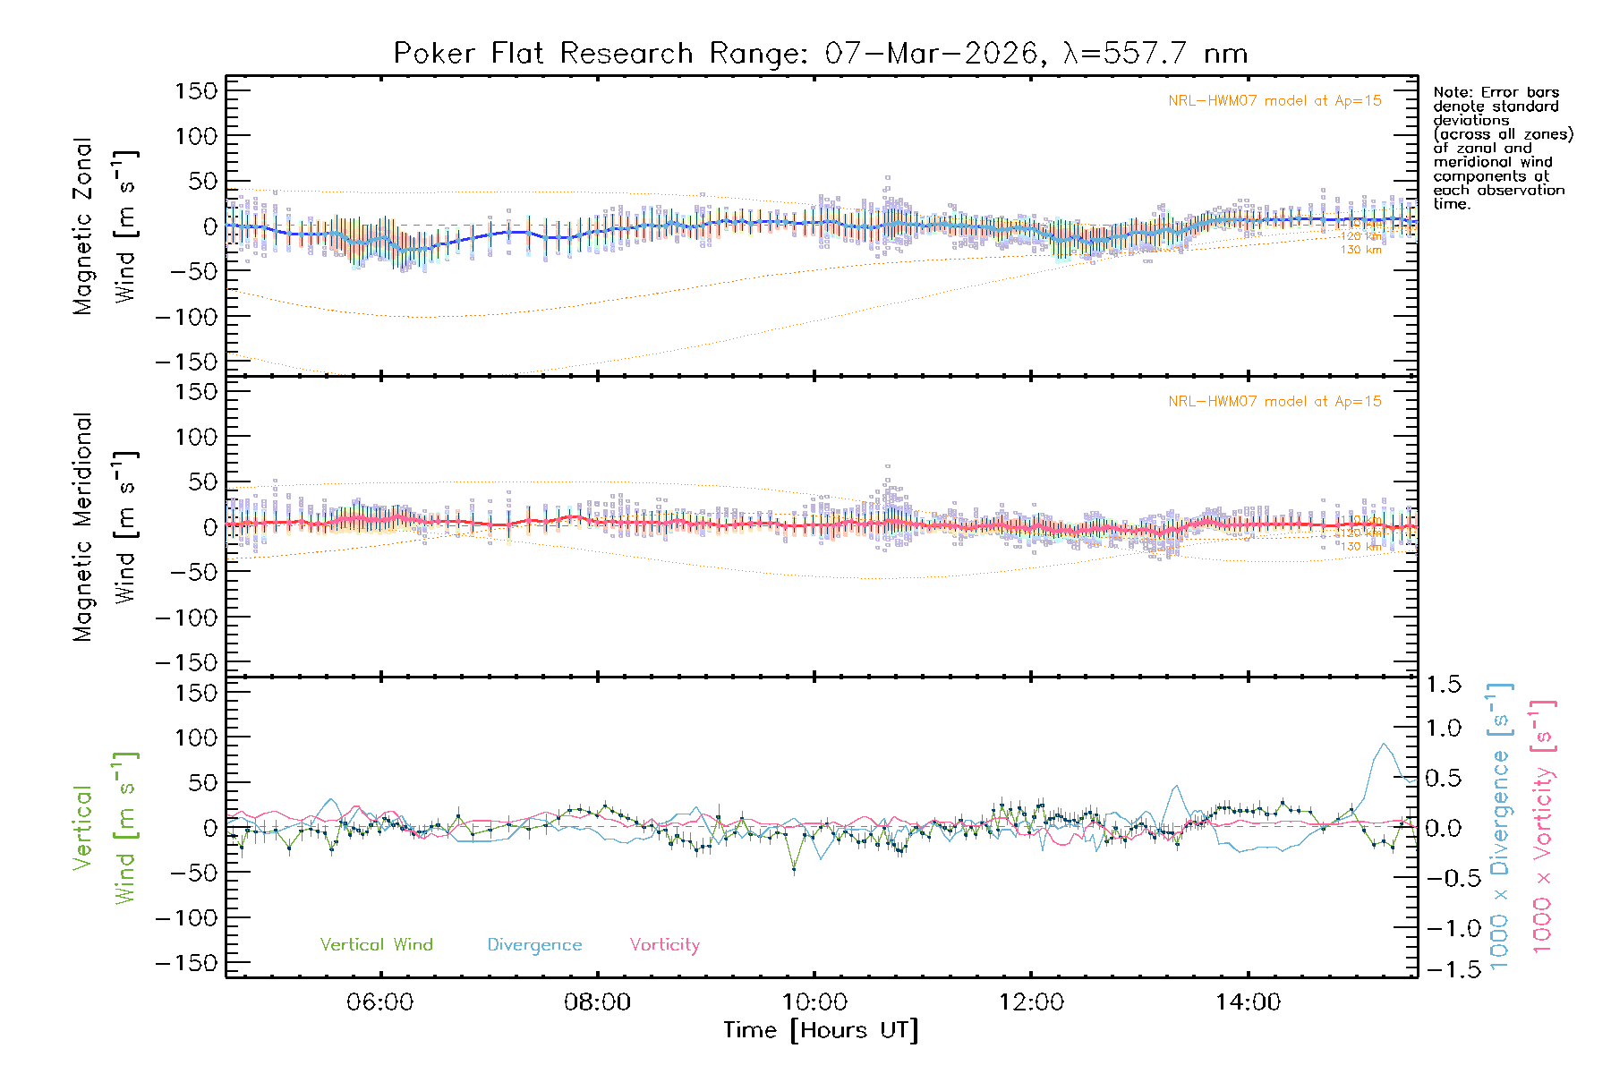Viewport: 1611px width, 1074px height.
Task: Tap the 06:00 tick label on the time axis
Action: pos(380,1002)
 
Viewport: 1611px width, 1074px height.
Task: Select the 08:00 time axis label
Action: pos(597,1002)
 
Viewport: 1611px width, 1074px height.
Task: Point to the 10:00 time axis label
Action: pos(814,1002)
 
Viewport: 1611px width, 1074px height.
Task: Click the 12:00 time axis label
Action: pos(1031,1002)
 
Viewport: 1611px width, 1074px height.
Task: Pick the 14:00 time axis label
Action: pos(1248,1002)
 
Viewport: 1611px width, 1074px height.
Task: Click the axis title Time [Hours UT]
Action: pos(821,1031)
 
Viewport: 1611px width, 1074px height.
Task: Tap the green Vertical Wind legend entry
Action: pos(376,945)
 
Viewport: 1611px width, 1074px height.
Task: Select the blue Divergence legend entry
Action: pos(534,945)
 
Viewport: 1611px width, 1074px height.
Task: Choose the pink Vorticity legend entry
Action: pos(664,945)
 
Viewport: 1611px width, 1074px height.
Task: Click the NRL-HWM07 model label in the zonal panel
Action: pos(1274,101)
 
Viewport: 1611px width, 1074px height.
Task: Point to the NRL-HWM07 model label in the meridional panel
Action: pos(1274,402)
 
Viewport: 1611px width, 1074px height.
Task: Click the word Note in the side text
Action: pos(1451,92)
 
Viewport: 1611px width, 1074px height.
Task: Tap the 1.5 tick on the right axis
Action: pos(1443,685)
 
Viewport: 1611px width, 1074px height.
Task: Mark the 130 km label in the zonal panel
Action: pos(1360,250)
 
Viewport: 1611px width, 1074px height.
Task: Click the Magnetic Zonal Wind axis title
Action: pos(106,226)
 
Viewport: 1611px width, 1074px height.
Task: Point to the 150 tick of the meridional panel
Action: pos(196,392)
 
